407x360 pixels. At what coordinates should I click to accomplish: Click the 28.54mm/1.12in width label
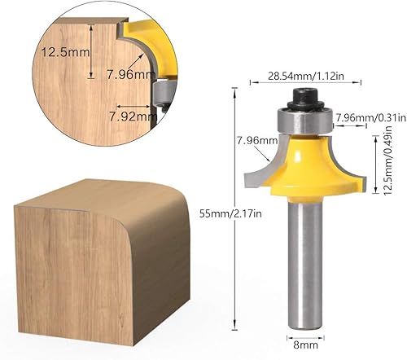(306, 76)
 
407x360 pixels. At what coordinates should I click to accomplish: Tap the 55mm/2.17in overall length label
(230, 213)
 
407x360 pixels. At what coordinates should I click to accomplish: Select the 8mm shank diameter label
(305, 345)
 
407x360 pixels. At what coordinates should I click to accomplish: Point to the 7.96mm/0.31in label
(371, 117)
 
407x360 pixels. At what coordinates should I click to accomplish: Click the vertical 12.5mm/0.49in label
(388, 160)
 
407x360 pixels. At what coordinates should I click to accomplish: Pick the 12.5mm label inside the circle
(65, 52)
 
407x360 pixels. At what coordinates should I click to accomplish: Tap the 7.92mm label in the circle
(133, 116)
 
